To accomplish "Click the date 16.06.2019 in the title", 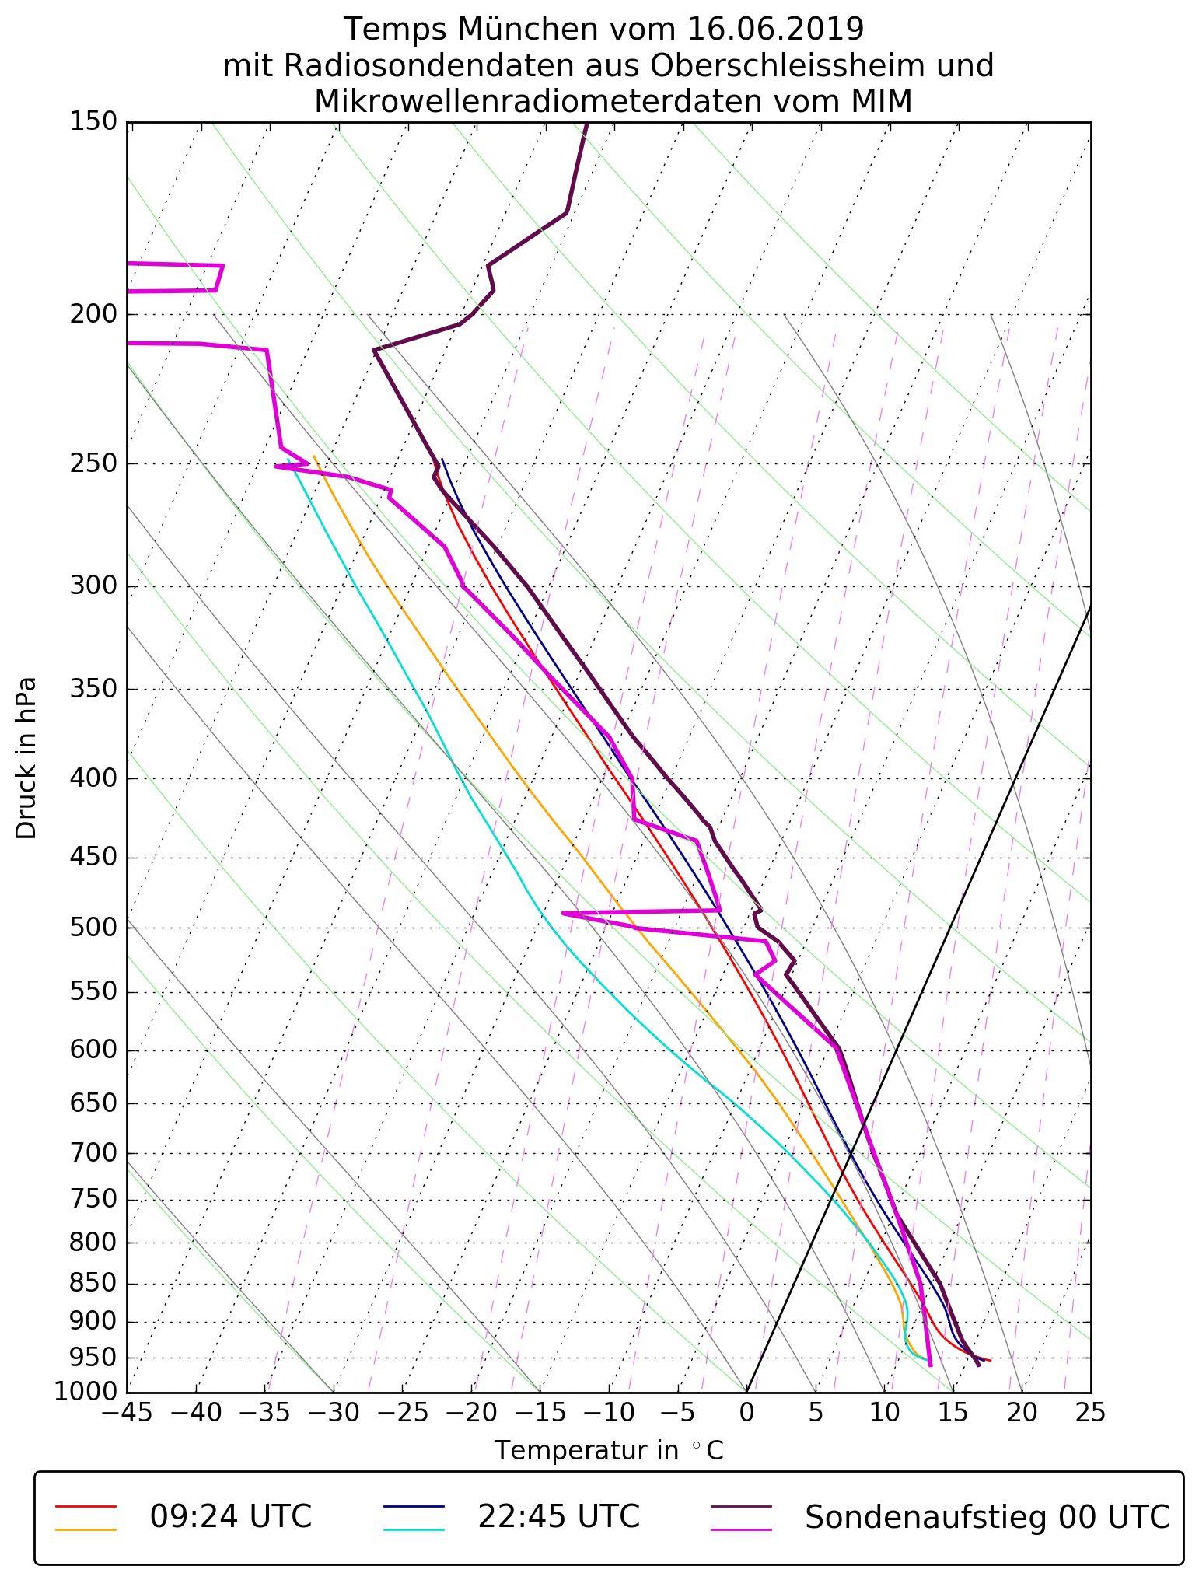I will tap(775, 30).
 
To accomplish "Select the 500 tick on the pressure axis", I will tap(93, 928).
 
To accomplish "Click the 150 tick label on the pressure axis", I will tap(93, 122).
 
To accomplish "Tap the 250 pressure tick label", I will tap(93, 463).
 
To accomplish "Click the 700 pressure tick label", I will tap(93, 1153).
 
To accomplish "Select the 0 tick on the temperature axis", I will tap(746, 1413).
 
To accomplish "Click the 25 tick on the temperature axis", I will tap(1090, 1413).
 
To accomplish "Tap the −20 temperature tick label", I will tap(470, 1413).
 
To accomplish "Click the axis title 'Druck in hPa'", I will tap(26, 758).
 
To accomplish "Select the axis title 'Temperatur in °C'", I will tap(609, 1451).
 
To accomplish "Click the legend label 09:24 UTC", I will tap(231, 1516).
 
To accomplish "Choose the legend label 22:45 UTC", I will tap(558, 1516).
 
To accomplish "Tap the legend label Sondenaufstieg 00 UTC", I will tap(987, 1516).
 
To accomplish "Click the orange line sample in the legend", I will tap(86, 1529).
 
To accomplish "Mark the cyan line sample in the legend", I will tap(414, 1529).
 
